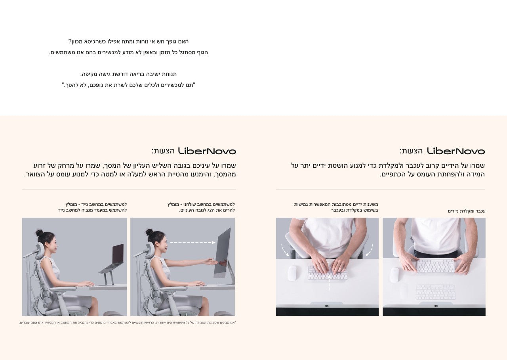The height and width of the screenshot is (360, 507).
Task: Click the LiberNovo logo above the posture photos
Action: coord(207,151)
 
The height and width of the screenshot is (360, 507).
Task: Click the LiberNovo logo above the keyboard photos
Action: coord(456,151)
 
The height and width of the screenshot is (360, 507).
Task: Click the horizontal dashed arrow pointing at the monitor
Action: coord(193,242)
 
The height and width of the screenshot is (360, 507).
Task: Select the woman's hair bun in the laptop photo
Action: coord(39,233)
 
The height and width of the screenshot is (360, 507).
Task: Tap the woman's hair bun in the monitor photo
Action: coord(149,232)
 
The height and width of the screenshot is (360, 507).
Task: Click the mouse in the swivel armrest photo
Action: coord(292,273)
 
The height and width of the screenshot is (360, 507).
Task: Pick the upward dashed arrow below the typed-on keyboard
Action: coord(329,283)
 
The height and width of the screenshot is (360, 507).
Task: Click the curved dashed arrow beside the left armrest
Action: coord(284,250)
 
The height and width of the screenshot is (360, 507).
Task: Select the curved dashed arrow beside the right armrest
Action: coord(370,250)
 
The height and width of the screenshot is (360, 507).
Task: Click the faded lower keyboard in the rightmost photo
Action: coord(436,292)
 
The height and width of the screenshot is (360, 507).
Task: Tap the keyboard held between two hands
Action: coord(436,266)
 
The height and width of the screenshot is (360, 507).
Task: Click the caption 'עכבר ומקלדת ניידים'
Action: coord(467,211)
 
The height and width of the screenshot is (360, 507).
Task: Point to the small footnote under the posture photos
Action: coord(128,322)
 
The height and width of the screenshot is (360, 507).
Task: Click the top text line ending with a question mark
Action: coord(128,42)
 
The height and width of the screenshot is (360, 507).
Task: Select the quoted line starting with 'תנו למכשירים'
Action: coord(128,85)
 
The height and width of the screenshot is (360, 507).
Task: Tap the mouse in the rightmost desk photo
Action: coord(395,275)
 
